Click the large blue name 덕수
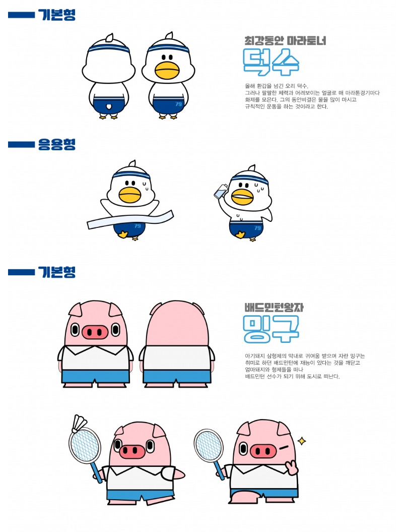271,62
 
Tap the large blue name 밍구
271,328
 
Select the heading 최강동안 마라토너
285,41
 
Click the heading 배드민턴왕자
274,308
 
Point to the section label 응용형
56,144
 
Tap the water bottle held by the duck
221,191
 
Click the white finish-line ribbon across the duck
130,219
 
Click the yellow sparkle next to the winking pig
302,441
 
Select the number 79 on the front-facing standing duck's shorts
179,104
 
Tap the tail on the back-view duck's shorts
108,106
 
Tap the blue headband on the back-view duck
109,49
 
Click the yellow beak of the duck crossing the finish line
130,195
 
